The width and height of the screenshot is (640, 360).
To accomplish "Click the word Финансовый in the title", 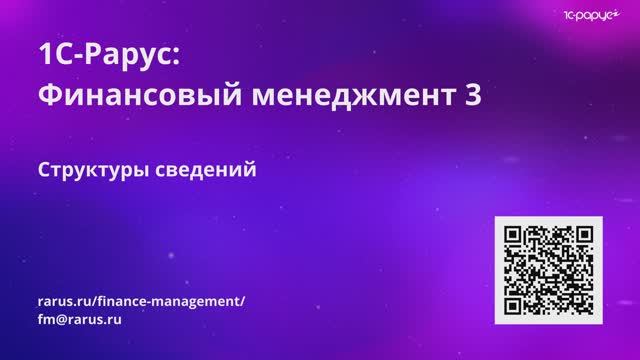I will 122,97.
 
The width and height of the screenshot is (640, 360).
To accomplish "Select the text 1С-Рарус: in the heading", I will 108,56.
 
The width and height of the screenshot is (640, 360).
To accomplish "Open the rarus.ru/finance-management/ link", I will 141,301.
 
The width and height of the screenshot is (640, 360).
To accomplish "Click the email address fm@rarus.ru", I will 79,321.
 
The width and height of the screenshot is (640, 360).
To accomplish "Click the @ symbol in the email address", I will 63,321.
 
